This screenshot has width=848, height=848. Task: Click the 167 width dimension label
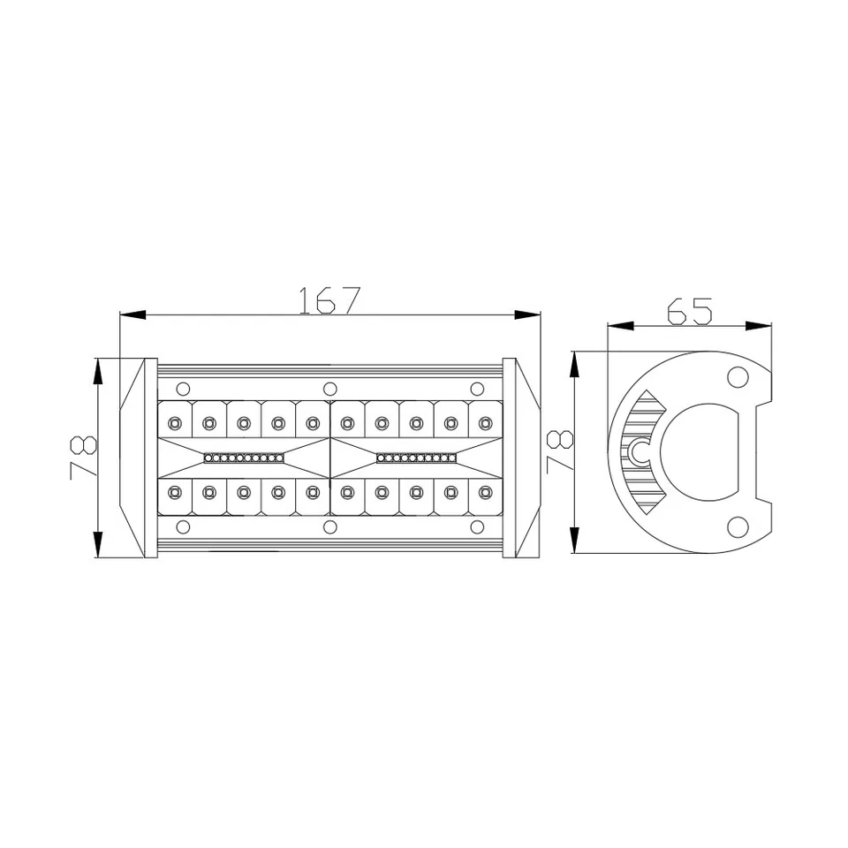pos(329,300)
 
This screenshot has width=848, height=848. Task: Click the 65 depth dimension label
pos(689,311)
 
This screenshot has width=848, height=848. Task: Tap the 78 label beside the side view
pos(559,451)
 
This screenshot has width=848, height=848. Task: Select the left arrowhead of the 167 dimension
pos(132,314)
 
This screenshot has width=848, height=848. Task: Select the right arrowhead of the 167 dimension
pos(527,314)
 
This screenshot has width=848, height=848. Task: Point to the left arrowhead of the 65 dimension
pos(621,326)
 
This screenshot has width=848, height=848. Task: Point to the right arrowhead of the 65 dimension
pos(758,326)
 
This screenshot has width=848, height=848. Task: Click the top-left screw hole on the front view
pos(184,389)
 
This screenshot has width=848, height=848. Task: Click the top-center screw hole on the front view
pos(329,389)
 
